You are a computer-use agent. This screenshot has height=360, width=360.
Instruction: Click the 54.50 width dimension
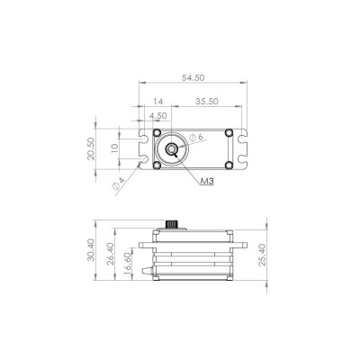click(190, 79)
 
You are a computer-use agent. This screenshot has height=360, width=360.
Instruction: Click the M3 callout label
click(207, 181)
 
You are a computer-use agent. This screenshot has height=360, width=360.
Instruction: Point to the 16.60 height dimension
click(127, 267)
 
